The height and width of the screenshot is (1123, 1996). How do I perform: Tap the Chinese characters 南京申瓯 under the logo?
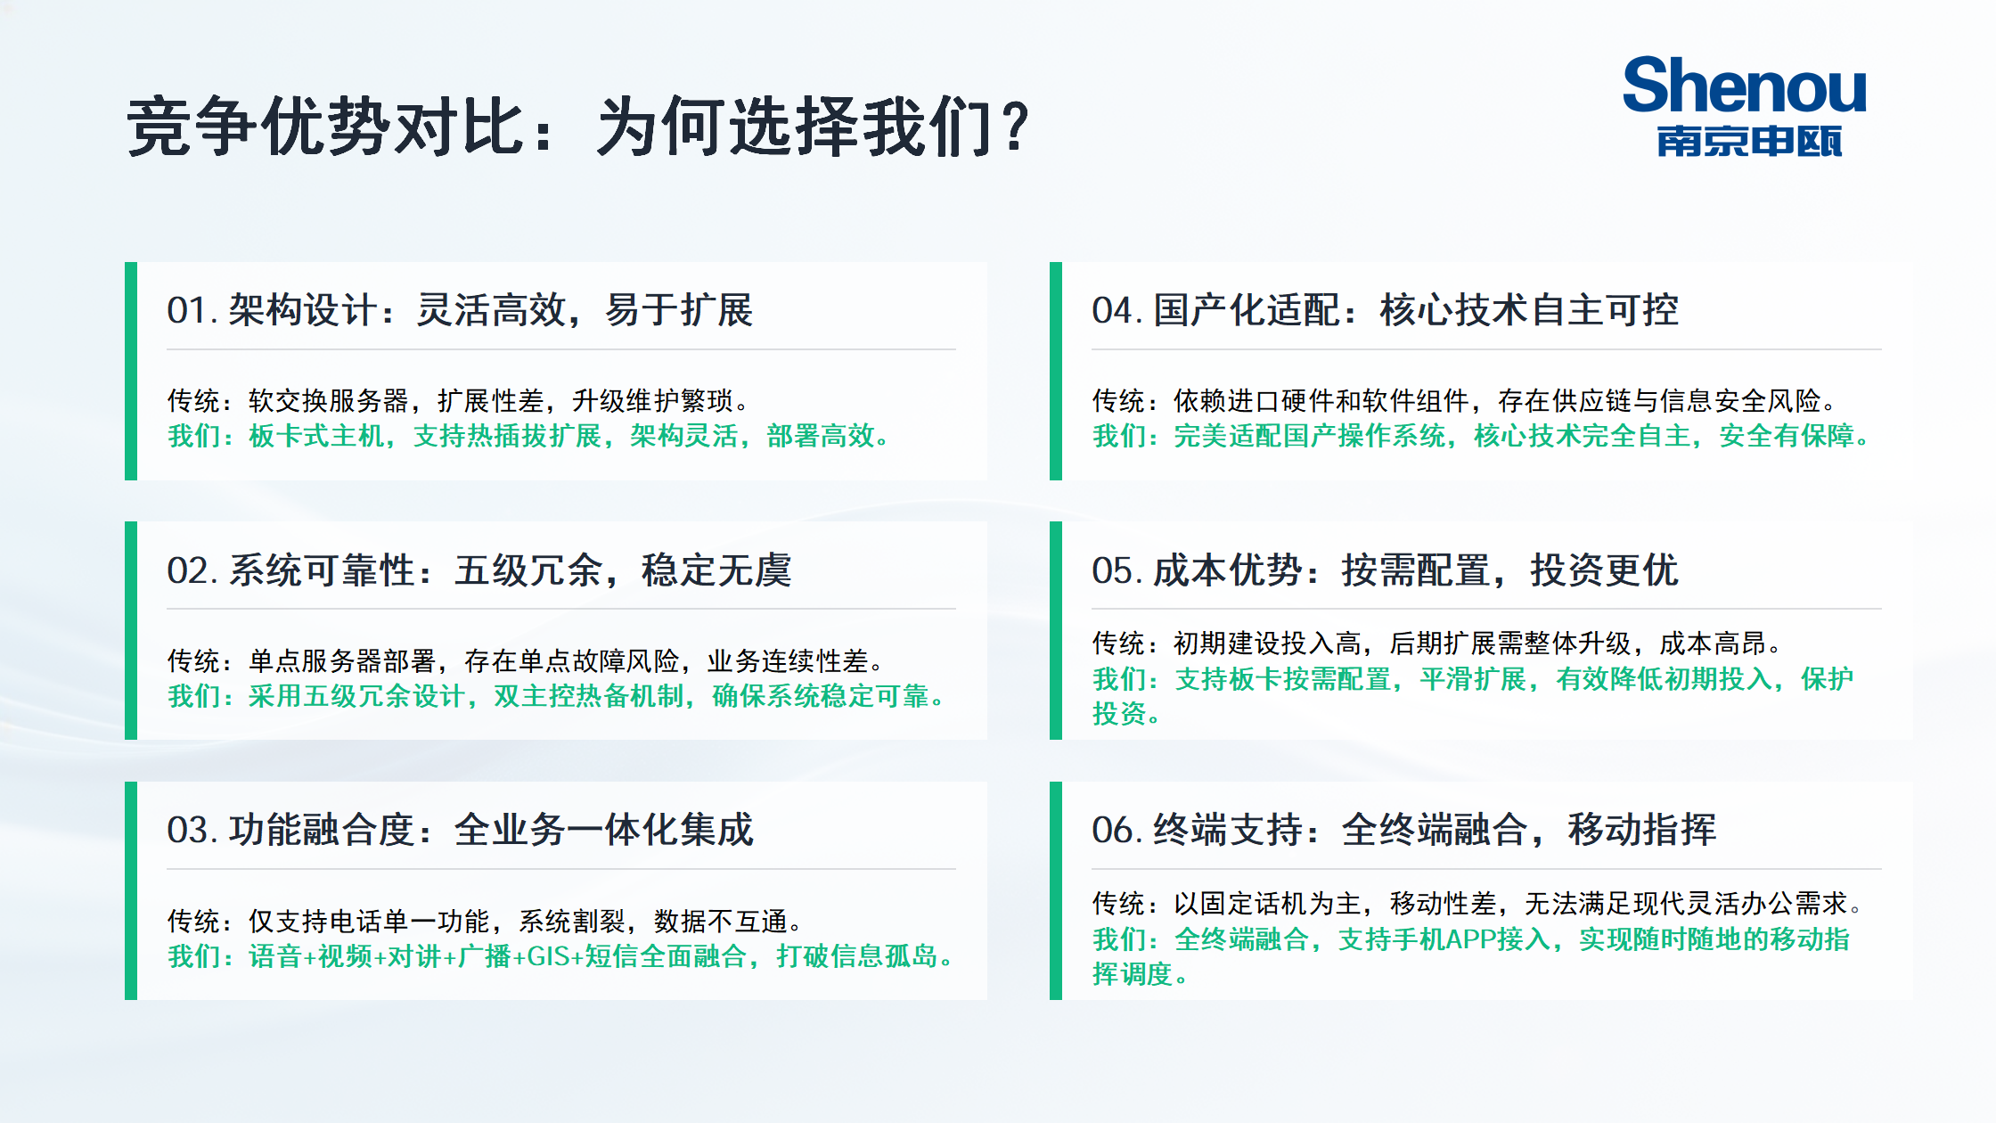(1749, 142)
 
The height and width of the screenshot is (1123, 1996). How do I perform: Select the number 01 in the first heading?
(187, 311)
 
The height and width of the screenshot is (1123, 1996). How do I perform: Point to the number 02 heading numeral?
(188, 571)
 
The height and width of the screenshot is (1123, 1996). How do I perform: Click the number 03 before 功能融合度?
(188, 831)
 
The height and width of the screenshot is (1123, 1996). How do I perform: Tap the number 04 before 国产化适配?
(1113, 311)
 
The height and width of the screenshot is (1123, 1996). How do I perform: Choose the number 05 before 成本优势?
(1113, 571)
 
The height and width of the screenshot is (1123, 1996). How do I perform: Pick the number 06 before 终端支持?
(1113, 831)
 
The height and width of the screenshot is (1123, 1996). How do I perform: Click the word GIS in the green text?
(549, 956)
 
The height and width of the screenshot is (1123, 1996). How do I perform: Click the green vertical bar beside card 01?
(131, 371)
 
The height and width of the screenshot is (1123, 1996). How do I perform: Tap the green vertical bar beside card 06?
(1056, 890)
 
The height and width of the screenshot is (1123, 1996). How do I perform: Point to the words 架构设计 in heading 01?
(303, 311)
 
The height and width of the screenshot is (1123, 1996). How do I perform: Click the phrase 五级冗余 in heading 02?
(528, 571)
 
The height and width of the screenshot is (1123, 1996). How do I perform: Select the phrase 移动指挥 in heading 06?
(1642, 831)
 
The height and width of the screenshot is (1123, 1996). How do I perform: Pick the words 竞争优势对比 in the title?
(324, 127)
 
